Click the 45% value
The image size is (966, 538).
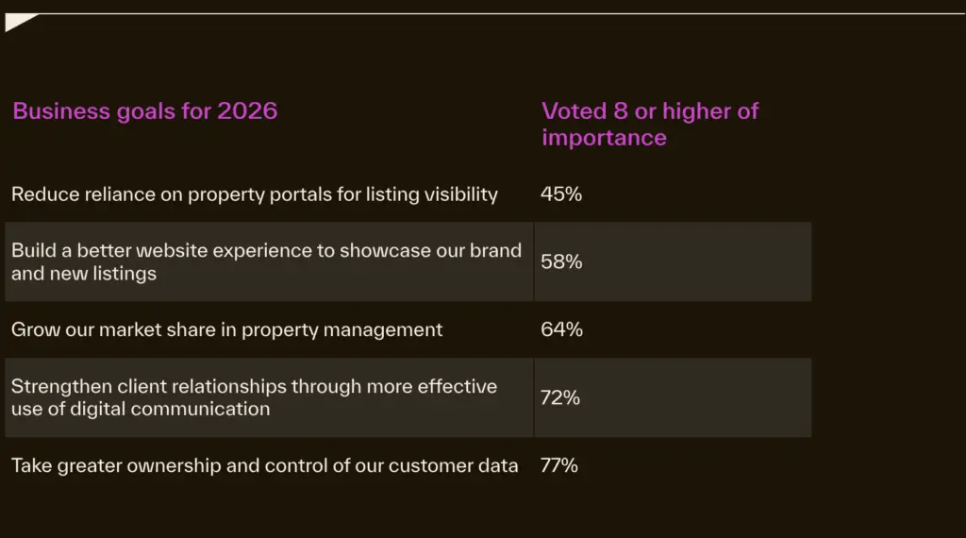[x=561, y=194]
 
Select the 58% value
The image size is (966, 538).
[x=561, y=262]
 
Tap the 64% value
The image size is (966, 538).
[x=561, y=329]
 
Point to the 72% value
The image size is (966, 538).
[x=560, y=397]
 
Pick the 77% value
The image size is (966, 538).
[x=559, y=465]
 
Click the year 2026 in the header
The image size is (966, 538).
[x=247, y=111]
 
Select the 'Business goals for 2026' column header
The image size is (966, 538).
[x=144, y=111]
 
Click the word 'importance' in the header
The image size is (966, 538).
[x=604, y=138]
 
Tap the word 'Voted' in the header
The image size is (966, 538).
[x=574, y=111]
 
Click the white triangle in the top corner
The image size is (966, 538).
[x=17, y=22]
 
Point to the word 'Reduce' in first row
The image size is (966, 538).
[x=42, y=194]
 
